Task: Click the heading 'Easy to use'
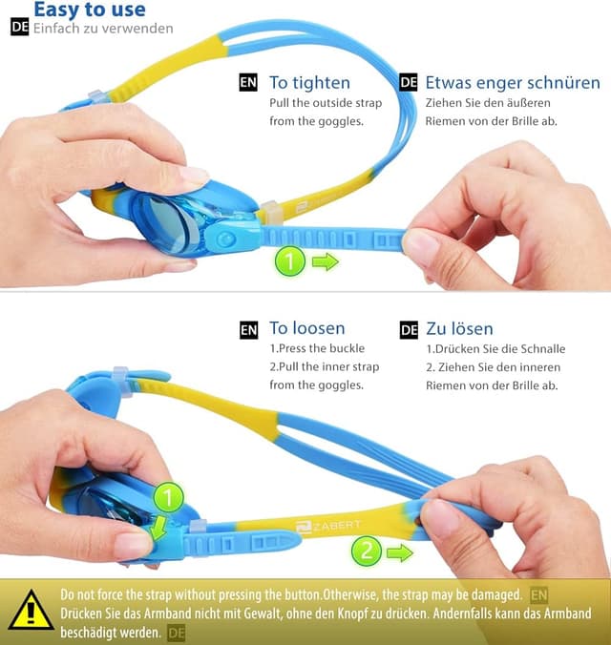[90, 10]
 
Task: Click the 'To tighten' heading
[309, 83]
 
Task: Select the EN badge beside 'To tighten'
[248, 83]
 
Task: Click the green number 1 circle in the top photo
[290, 260]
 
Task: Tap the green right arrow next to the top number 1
[326, 261]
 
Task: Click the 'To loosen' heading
[307, 329]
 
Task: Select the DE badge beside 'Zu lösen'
[409, 330]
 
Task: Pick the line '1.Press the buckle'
[317, 349]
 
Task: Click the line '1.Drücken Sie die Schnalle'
[495, 349]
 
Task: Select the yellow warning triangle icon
[31, 610]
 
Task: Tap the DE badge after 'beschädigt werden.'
[176, 632]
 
